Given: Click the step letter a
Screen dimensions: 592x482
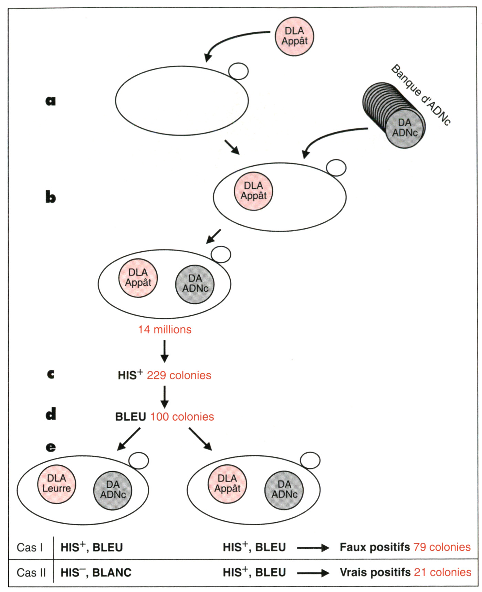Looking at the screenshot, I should point(51,101).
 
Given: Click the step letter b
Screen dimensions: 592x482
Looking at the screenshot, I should point(51,197).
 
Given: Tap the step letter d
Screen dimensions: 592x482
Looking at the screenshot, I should point(51,414).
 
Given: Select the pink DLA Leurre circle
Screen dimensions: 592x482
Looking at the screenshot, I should point(56,484).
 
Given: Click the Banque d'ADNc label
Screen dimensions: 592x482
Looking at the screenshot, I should point(421,95).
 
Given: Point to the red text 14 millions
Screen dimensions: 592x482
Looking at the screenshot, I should point(165,330).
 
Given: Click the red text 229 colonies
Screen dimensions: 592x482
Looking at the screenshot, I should point(179,375).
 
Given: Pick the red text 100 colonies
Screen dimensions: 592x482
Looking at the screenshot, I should point(182,417).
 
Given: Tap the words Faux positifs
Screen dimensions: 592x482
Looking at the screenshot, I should point(375,547).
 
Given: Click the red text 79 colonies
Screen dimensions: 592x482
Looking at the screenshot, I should point(442,547).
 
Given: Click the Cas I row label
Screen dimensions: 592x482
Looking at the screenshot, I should point(30,547).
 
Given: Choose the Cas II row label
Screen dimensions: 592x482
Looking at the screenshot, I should point(31,572).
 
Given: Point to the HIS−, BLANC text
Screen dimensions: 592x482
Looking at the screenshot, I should point(96,572).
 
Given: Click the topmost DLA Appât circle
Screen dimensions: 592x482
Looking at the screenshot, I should point(294,36).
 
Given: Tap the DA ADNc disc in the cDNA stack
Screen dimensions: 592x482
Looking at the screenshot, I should point(405,128).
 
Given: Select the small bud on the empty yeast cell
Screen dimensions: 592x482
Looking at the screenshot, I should point(238,71).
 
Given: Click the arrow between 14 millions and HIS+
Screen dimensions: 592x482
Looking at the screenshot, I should point(165,351).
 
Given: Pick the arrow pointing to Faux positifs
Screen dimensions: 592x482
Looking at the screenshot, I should point(313,548).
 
